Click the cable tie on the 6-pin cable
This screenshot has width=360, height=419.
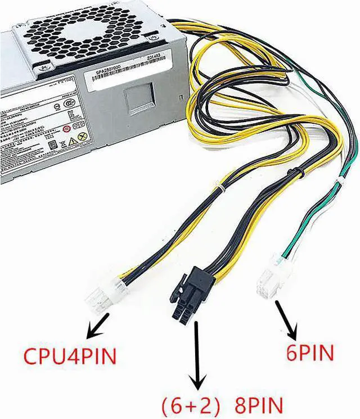point(339,181)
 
